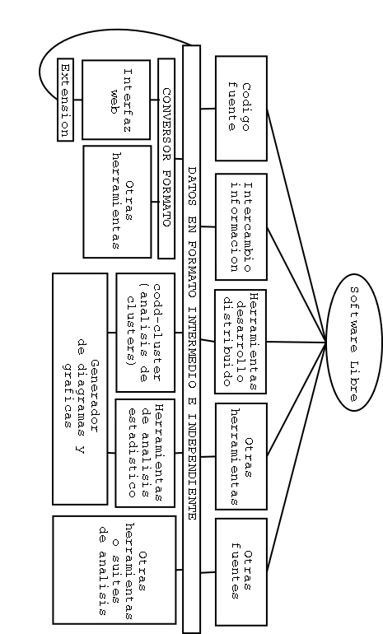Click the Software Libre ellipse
pos(354,343)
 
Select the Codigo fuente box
pos(241,109)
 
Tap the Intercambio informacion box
pos(241,226)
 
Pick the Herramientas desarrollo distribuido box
pos(241,342)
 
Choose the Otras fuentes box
pos(241,571)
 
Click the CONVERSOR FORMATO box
pos(166,158)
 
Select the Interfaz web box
pos(116,100)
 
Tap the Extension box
pos(65,100)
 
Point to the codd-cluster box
pos(146,333)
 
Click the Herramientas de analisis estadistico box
pos(145,453)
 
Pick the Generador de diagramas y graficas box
pos(80,389)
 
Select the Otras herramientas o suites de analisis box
pos(114,570)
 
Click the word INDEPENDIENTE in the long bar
pos(192,467)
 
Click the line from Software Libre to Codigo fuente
pos(297,226)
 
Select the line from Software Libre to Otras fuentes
pos(297,457)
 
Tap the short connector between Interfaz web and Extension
pos(77,100)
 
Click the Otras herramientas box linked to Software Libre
pos(241,456)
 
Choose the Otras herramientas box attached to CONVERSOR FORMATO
pos(117,202)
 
